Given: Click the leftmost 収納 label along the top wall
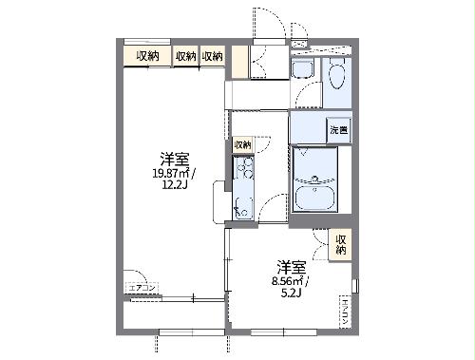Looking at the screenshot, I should (146, 57).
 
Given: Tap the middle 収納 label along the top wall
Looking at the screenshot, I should (185, 57).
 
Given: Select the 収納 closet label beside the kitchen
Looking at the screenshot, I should (242, 144).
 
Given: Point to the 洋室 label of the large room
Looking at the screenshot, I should (173, 159).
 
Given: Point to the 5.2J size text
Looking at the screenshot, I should (291, 293).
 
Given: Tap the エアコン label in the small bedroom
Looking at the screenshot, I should (344, 310).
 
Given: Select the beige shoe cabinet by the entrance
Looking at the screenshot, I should (239, 62).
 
